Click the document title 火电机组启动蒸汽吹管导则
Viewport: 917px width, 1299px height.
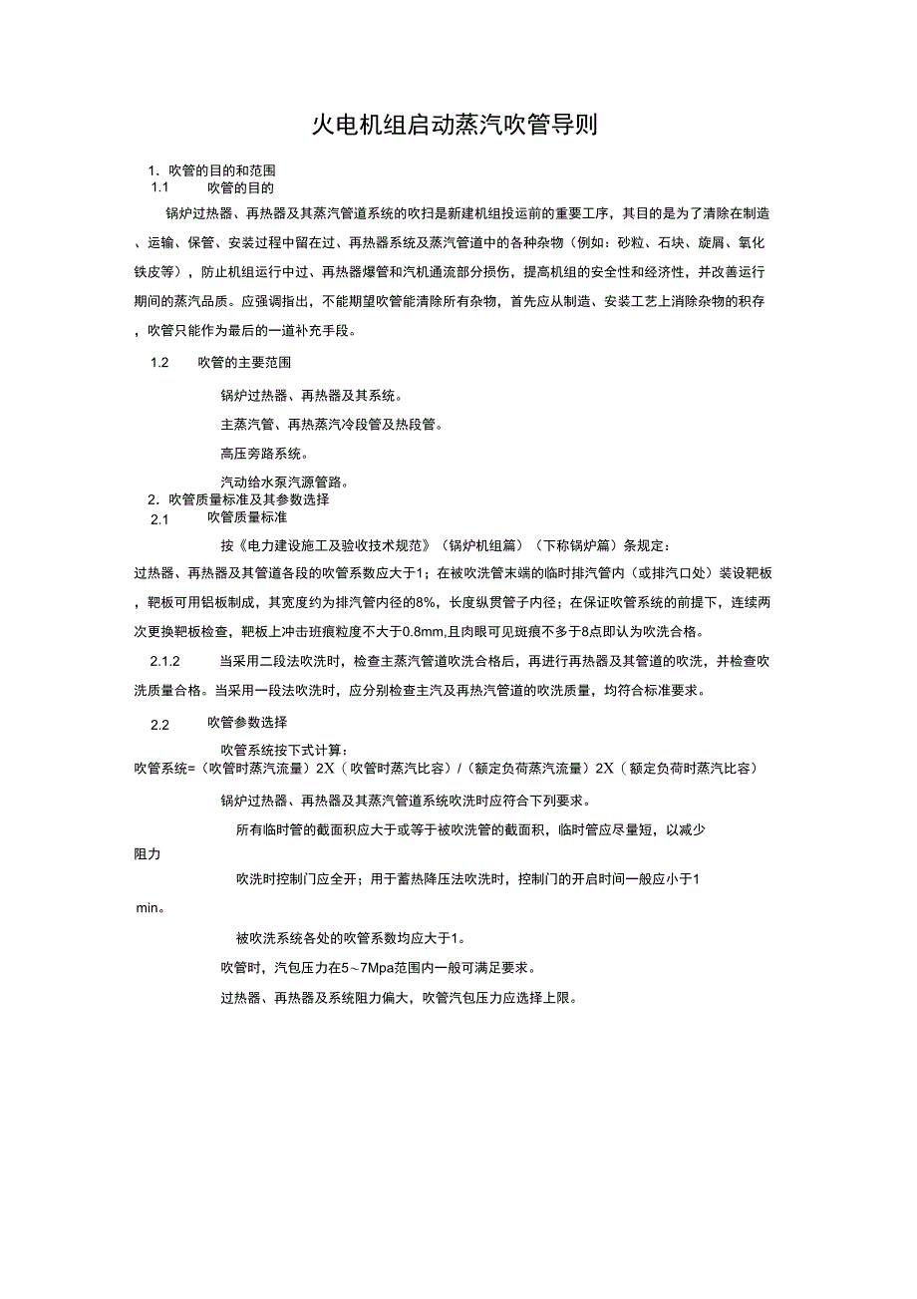456,125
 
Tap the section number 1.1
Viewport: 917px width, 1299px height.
160,187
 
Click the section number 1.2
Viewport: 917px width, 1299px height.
159,362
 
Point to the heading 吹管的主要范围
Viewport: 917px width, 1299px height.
244,362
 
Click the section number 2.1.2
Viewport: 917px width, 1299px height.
164,661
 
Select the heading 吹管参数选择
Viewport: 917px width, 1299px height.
247,723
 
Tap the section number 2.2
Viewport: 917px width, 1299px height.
160,725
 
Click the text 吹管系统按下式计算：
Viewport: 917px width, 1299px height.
284,750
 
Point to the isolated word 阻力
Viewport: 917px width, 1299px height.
148,854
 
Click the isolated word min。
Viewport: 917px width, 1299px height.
151,909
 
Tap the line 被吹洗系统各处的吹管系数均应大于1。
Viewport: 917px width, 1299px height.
350,938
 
